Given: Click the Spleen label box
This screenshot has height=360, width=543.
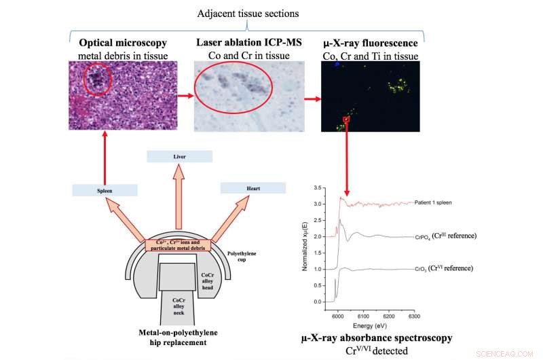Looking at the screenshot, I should point(104,191).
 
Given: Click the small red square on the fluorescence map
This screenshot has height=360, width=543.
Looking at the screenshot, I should point(346,120).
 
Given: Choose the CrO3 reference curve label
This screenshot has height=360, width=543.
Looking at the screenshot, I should point(444,268).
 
